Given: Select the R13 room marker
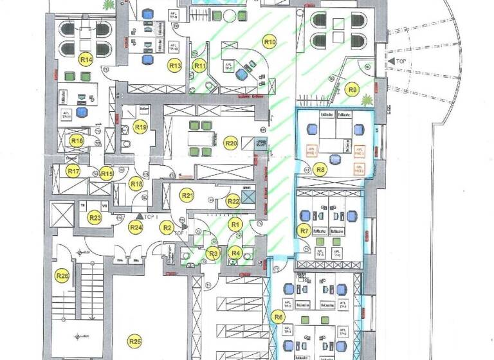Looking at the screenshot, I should tap(174, 64).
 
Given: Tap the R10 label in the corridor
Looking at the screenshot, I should tap(270, 42).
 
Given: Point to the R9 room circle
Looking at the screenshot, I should tap(351, 89).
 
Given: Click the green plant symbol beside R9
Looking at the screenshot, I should tap(367, 100).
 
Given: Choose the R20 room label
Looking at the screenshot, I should tap(230, 143).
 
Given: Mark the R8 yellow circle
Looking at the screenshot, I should tap(320, 170).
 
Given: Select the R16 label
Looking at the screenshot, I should tap(77, 140).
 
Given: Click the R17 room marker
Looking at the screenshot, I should tap(73, 172).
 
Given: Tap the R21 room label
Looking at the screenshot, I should tap(187, 195).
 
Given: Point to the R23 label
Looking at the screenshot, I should tap(95, 218).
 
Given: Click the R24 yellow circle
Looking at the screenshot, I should tap(136, 226).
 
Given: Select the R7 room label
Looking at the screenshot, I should tap(304, 230).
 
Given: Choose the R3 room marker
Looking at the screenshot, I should tap(213, 253).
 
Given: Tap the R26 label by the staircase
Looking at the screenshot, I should tap(62, 276).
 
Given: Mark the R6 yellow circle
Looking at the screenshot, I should tap(278, 316).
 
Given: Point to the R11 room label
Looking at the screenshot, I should tap(201, 65).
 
